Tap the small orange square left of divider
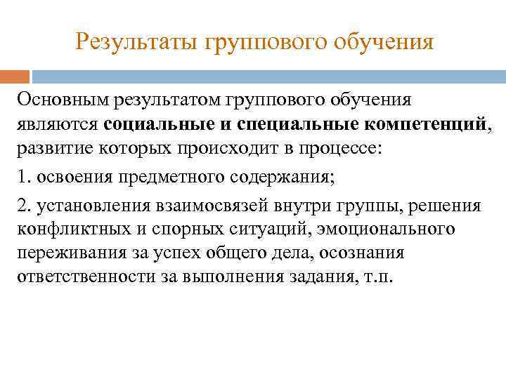pos(15,76)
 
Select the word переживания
pos(68,253)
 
